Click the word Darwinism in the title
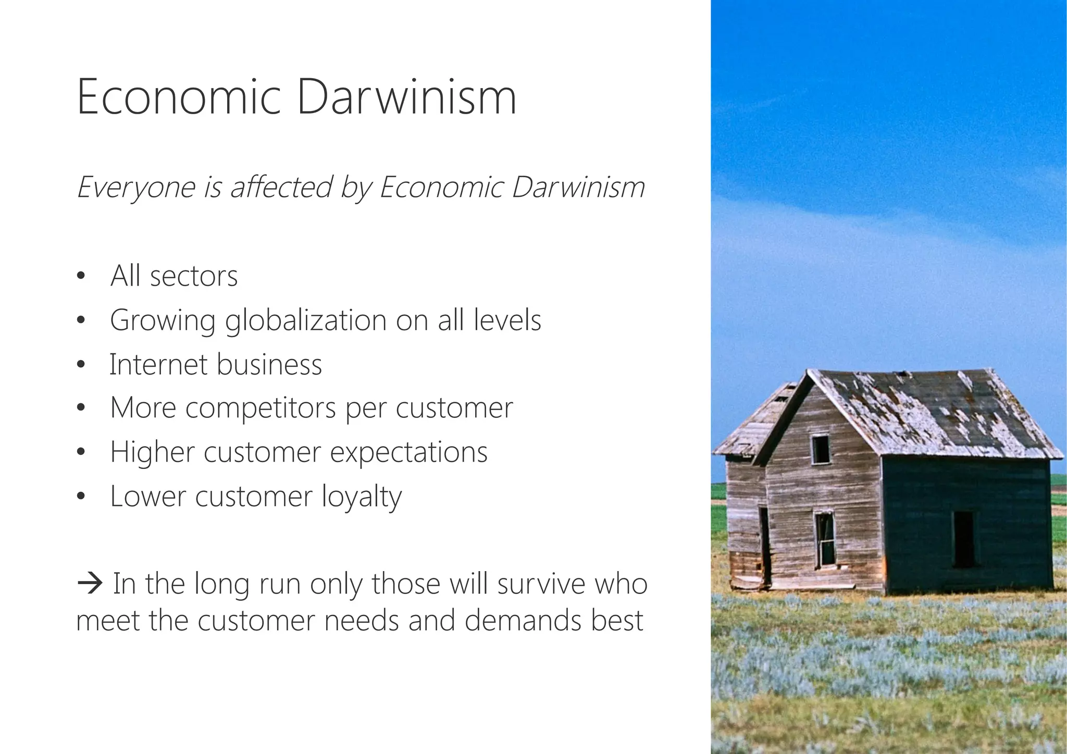pos(406,97)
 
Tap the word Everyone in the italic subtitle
pos(135,188)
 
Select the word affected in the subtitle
pos(281,187)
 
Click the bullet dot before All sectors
pos(80,277)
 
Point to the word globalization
pos(305,321)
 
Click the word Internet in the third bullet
pos(158,364)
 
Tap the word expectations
pos(408,453)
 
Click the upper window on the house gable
pos(820,449)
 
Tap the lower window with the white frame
pos(824,539)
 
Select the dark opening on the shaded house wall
pos(963,539)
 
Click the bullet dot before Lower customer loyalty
pos(80,497)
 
